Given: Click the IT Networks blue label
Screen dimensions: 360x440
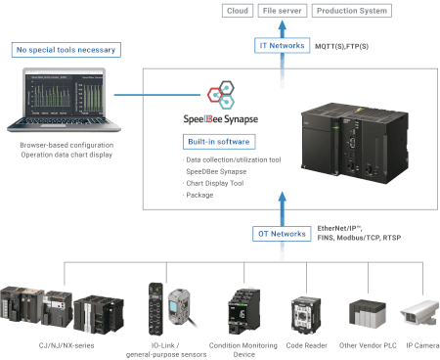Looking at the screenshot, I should click(281, 46).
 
